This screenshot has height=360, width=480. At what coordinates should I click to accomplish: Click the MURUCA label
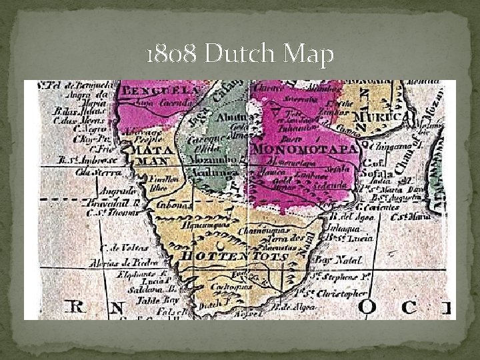[x=383, y=117]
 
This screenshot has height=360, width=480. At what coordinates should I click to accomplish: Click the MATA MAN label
[x=152, y=155]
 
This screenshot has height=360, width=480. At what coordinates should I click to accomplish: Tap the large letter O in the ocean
[x=367, y=307]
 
